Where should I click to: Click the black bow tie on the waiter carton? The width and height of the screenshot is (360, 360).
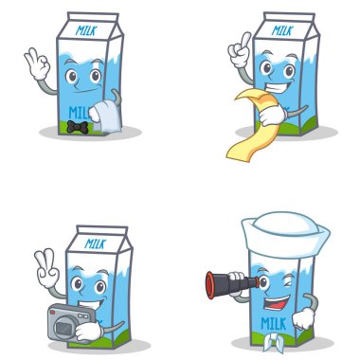(78, 127)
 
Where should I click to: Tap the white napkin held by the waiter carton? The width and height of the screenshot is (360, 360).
(107, 117)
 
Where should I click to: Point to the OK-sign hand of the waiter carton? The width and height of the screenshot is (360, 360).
(37, 63)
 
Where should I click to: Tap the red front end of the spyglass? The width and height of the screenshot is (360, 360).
(210, 285)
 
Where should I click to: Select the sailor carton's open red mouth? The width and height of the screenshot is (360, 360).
(278, 303)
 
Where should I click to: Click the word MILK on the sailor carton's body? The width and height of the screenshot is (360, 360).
(274, 324)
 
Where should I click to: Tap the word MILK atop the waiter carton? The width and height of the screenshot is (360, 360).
(86, 30)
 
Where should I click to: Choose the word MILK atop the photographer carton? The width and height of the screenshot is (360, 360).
(96, 243)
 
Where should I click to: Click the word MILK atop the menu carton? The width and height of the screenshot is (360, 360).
(282, 30)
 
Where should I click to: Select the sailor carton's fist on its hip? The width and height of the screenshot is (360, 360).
(303, 318)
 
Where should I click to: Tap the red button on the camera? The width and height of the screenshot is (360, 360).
(53, 313)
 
